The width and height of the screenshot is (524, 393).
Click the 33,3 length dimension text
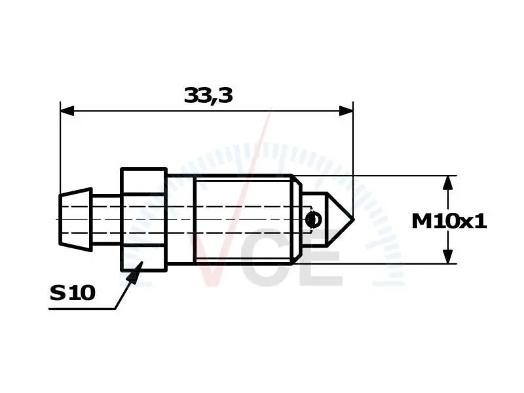pyautogui.click(x=208, y=95)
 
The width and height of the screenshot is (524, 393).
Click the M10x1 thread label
pyautogui.click(x=449, y=221)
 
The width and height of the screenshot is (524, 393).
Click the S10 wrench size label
pyautogui.click(x=73, y=293)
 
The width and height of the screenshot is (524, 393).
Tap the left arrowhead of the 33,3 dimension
pyautogui.click(x=67, y=111)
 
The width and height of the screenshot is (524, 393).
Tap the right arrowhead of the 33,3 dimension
pyautogui.click(x=346, y=111)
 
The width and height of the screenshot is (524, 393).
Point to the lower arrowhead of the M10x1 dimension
pyautogui.click(x=448, y=256)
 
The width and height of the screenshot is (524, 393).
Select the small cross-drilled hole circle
pyautogui.click(x=314, y=220)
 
